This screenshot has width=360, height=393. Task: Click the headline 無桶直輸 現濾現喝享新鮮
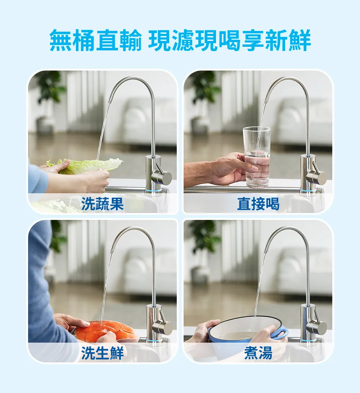tap(180, 40)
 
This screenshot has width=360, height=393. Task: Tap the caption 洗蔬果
tap(102, 204)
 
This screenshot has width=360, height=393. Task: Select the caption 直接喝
tap(258, 204)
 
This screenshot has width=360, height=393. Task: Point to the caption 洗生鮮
tap(102, 353)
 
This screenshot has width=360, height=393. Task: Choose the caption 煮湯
tap(258, 353)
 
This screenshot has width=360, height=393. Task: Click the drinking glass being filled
tap(257, 157)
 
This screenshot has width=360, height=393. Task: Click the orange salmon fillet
tap(105, 331)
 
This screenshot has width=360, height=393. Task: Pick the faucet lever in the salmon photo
tap(162, 323)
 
